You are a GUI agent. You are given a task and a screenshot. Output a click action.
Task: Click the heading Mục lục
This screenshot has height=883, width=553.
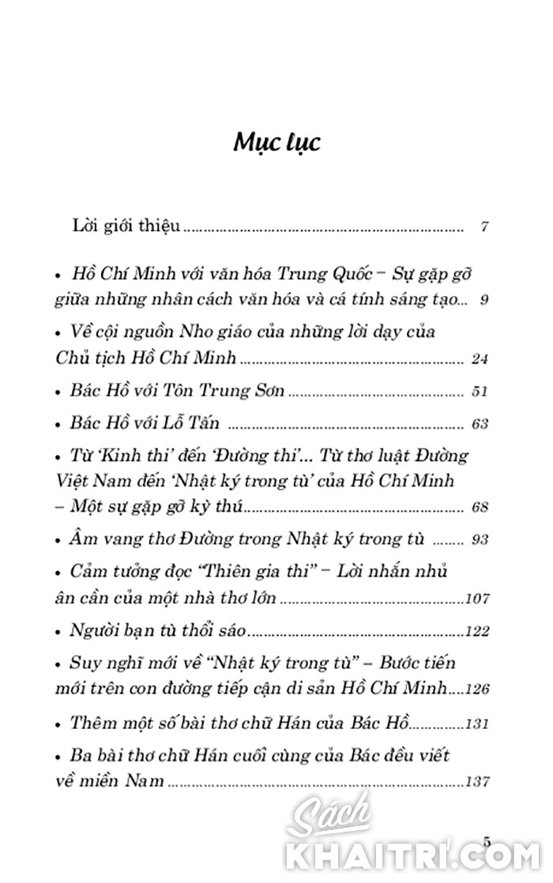click(x=276, y=145)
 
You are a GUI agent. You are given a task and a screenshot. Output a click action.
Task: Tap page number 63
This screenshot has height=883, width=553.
click(x=480, y=424)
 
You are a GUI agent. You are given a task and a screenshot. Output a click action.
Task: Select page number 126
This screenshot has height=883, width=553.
click(x=478, y=689)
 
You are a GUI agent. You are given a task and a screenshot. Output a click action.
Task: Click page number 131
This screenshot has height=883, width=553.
click(x=478, y=723)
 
